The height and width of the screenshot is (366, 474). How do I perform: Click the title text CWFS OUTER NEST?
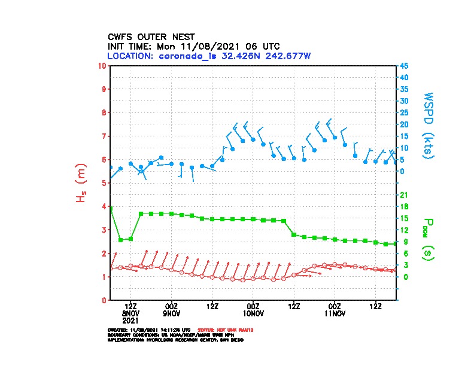click(x=150, y=36)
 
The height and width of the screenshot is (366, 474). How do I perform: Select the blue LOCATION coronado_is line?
click(x=208, y=56)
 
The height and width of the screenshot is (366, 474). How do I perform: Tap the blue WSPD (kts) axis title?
click(x=429, y=124)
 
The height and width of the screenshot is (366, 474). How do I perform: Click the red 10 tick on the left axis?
click(x=103, y=65)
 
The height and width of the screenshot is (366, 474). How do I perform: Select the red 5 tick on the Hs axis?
click(x=105, y=182)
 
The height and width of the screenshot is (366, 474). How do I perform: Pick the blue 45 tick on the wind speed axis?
click(x=405, y=65)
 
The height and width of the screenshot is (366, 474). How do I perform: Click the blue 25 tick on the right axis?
click(x=405, y=112)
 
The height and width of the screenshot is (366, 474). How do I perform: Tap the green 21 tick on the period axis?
click(x=403, y=195)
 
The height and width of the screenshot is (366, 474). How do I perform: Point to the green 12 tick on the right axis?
click(x=403, y=230)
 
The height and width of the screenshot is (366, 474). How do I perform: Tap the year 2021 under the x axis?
click(x=131, y=321)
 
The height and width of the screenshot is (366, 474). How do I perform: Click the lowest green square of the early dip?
click(x=121, y=240)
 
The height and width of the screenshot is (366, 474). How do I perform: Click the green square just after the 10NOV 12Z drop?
click(x=294, y=234)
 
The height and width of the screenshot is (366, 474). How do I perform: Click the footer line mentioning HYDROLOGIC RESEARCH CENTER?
click(x=175, y=340)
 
